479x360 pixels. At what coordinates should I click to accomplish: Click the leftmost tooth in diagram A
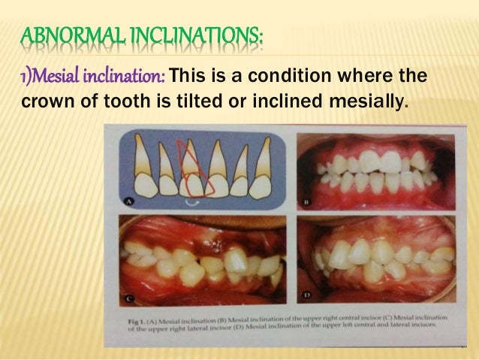(142, 169)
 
